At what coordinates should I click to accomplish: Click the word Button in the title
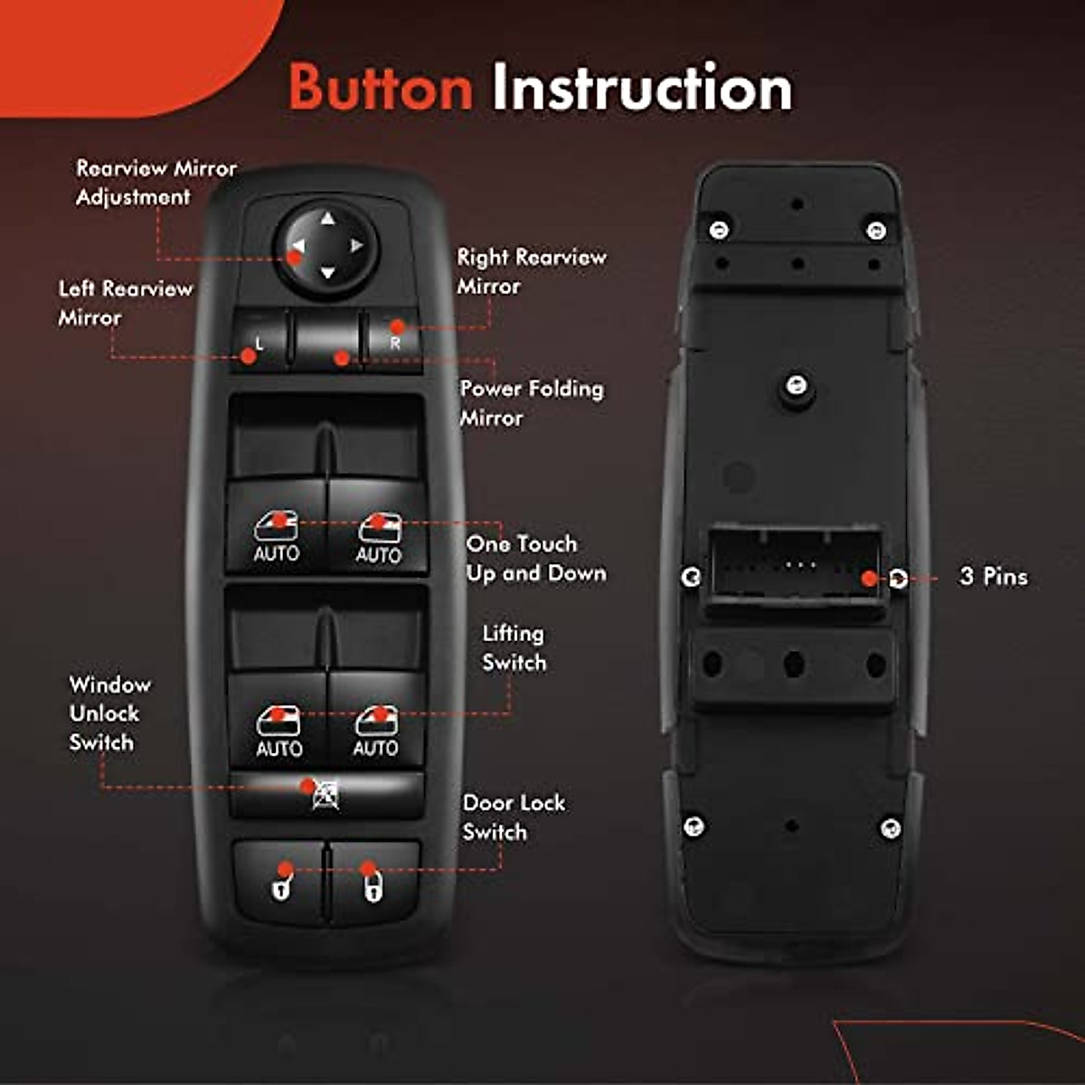(x=381, y=88)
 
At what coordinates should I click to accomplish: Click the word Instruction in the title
(x=641, y=88)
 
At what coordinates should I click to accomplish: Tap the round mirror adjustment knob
(x=326, y=246)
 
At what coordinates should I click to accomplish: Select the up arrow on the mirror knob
(x=327, y=218)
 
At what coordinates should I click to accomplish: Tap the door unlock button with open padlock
(x=281, y=883)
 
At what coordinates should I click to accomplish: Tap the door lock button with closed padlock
(x=373, y=883)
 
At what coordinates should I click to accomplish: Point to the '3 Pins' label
(x=993, y=577)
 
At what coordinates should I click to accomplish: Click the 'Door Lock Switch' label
(x=513, y=817)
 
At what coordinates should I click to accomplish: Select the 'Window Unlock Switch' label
(x=108, y=713)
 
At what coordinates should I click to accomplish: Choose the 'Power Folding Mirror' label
(x=531, y=403)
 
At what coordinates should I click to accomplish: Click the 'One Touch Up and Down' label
(x=535, y=559)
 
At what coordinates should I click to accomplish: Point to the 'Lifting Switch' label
(x=514, y=648)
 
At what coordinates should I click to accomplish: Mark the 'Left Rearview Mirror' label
(x=125, y=303)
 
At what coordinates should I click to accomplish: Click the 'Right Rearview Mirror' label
(x=531, y=271)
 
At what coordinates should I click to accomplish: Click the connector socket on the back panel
(x=794, y=566)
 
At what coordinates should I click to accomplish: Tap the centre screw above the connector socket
(x=796, y=386)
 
